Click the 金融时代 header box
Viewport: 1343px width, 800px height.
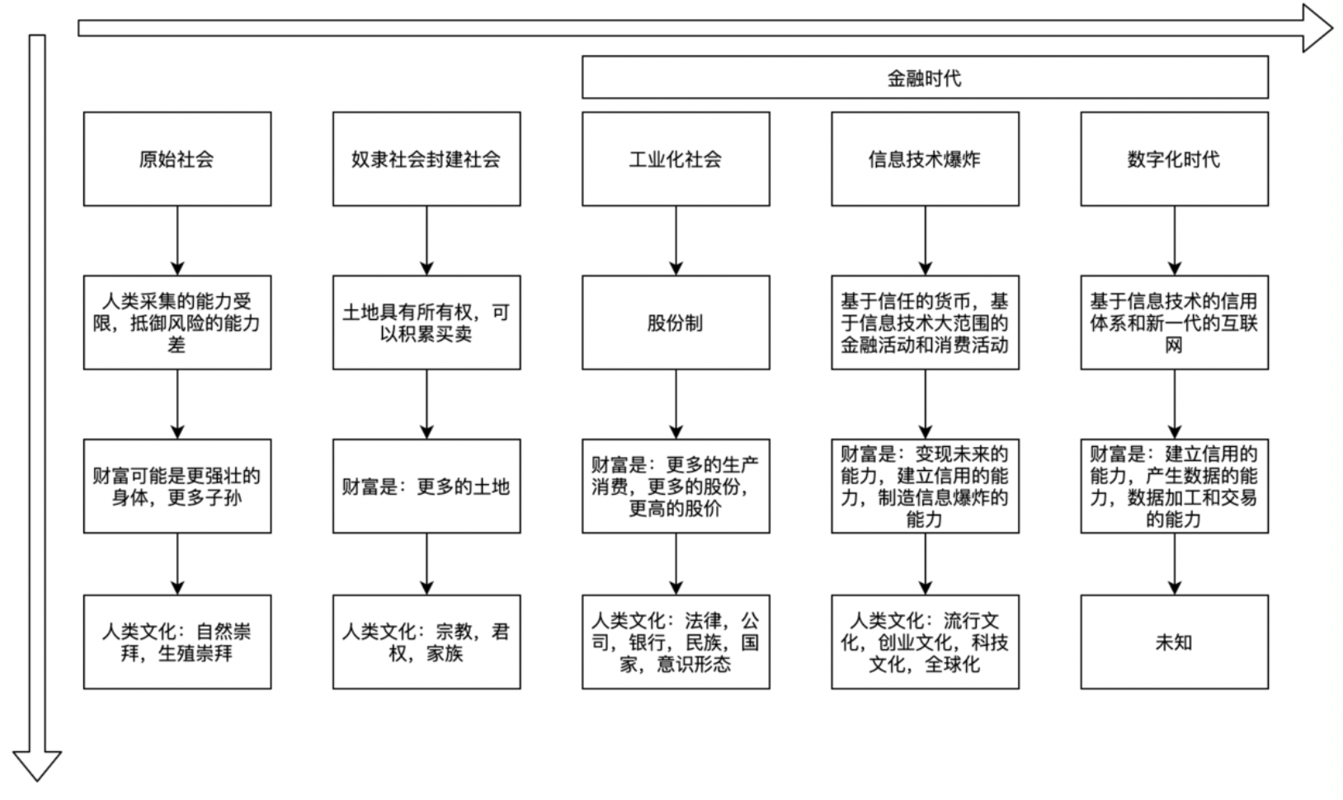point(924,78)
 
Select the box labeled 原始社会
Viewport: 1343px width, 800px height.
point(177,159)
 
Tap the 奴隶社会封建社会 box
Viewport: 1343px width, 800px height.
point(426,159)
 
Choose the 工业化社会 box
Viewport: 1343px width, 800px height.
point(675,159)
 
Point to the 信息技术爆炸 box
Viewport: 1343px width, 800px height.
point(924,159)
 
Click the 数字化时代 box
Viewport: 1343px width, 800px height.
point(1174,159)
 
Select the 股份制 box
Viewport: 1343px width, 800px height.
point(675,322)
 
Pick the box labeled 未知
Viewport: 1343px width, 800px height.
point(1174,642)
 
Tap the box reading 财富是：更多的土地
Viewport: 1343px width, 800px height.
point(426,486)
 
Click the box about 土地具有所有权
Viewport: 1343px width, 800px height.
point(426,322)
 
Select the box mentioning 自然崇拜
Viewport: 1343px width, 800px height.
point(177,642)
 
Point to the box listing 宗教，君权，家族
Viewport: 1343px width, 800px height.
point(426,642)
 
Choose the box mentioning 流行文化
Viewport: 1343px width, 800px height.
point(924,642)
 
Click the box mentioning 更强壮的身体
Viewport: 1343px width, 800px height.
point(177,486)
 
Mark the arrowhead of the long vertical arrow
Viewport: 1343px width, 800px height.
point(37,765)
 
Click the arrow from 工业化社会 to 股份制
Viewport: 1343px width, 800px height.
point(676,240)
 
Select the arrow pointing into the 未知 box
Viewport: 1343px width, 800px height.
point(1175,564)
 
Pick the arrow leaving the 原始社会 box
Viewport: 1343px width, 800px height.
point(177,240)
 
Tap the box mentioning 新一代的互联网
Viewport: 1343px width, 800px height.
point(1174,322)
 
